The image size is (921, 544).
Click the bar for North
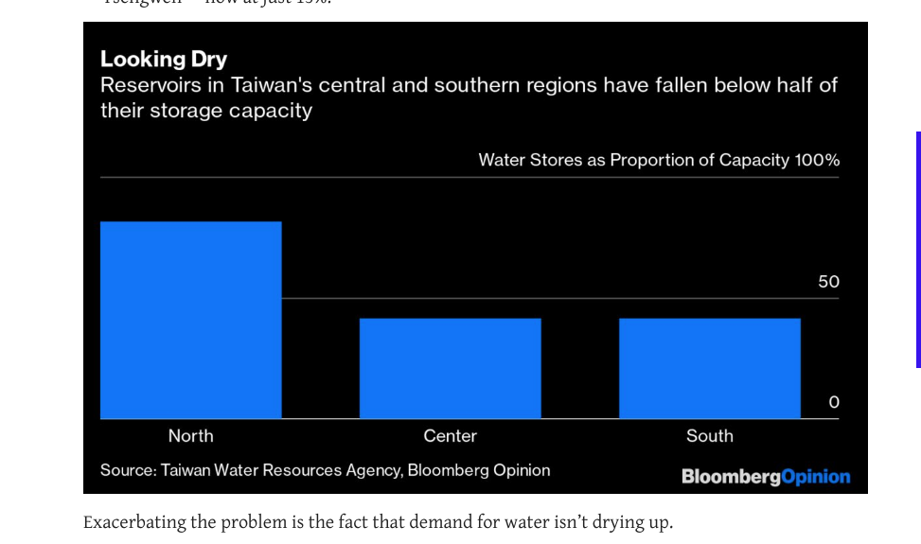(x=191, y=320)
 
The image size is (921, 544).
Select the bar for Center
(x=451, y=368)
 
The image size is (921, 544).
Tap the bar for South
(x=710, y=368)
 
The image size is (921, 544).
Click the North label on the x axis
(x=191, y=436)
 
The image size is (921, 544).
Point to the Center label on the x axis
(x=451, y=436)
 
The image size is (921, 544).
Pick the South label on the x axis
(x=710, y=436)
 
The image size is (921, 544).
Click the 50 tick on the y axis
(x=828, y=282)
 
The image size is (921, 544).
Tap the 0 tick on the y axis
(x=833, y=403)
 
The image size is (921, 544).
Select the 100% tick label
(x=817, y=160)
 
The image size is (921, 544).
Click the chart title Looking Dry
(x=164, y=59)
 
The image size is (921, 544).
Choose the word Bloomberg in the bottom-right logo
(x=731, y=477)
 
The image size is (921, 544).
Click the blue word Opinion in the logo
(x=816, y=477)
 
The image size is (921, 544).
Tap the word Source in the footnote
(x=127, y=470)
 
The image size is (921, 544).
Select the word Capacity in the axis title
(x=753, y=160)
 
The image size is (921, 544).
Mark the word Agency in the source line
(x=374, y=470)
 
